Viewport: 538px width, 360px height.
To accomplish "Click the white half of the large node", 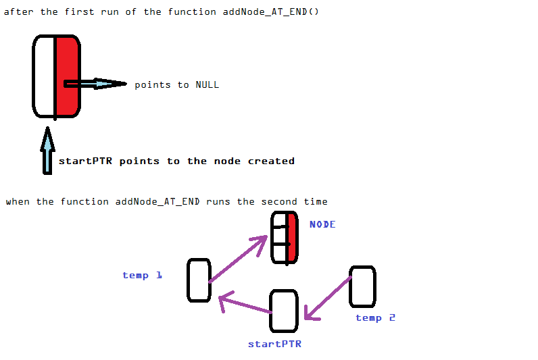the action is pyautogui.click(x=44, y=76).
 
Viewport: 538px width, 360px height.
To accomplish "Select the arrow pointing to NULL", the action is pyautogui.click(x=95, y=84).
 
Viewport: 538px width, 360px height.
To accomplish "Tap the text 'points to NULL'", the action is pyautogui.click(x=176, y=84).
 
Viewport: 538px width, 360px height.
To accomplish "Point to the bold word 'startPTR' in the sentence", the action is pyautogui.click(x=86, y=161).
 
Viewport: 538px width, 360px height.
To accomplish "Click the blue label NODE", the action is pyautogui.click(x=322, y=224).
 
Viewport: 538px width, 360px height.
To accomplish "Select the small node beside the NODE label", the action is pyautogui.click(x=284, y=237).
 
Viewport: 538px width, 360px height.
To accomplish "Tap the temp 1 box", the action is pyautogui.click(x=199, y=280).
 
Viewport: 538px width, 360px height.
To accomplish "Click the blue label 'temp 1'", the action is pyautogui.click(x=142, y=275).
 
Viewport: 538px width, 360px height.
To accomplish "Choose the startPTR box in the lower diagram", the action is pyautogui.click(x=283, y=311).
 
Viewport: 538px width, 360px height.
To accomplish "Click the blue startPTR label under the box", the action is pyautogui.click(x=274, y=344).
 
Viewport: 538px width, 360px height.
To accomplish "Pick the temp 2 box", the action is pyautogui.click(x=362, y=286).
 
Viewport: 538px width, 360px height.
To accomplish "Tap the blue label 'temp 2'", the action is pyautogui.click(x=375, y=317).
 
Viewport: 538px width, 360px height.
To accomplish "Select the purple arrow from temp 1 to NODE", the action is pyautogui.click(x=239, y=259).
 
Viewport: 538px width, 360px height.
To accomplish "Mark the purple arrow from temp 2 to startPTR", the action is pyautogui.click(x=328, y=298).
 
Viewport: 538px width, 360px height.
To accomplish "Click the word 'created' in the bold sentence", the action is pyautogui.click(x=271, y=161).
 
